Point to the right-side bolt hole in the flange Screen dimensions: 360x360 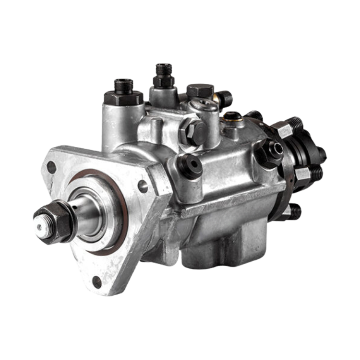143,184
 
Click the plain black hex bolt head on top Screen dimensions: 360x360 199,91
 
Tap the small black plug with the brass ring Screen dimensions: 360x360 234,117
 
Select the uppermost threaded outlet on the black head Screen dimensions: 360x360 293,126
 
